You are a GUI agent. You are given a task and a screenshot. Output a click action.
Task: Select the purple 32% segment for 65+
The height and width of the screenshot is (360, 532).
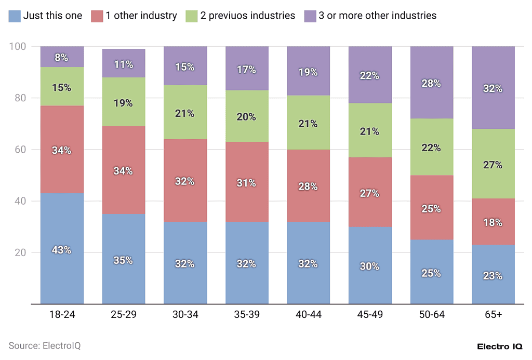pos(493,88)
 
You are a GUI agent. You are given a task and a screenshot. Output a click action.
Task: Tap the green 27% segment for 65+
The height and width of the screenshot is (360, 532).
pos(493,165)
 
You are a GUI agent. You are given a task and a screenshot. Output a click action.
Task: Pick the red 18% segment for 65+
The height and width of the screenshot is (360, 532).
pos(493,222)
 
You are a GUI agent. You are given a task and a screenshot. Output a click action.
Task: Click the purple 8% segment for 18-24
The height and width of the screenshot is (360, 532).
pos(62,57)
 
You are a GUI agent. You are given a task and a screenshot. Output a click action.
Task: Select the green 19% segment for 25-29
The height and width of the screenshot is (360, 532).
pos(124,102)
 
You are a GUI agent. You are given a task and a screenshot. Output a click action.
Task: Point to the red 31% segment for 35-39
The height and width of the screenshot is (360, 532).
pos(247,182)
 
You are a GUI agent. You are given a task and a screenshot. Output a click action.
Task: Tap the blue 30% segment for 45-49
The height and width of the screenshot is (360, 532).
pos(370,265)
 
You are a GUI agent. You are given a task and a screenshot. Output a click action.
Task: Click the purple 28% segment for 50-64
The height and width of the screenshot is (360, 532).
pos(431,83)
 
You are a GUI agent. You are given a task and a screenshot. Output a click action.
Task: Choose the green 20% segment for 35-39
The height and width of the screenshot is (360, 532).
pos(247,116)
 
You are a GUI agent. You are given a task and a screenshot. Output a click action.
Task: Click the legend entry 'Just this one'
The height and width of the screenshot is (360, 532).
pos(45,16)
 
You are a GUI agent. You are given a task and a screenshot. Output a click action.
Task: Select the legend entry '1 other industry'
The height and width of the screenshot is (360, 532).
pos(135,16)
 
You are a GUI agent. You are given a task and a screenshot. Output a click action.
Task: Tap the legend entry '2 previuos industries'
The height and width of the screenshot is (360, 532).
pos(241,16)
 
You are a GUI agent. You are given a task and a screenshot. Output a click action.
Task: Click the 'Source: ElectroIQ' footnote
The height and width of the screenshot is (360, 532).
pos(45,345)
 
